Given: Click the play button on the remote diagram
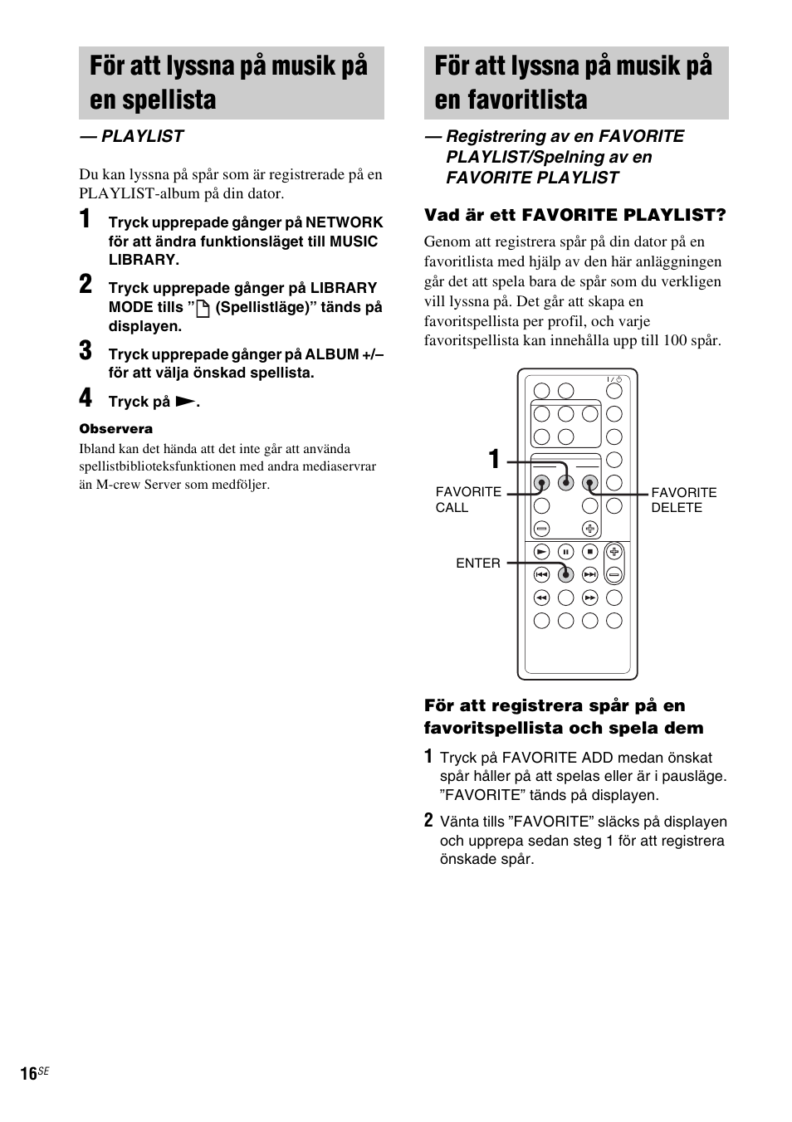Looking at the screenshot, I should pyautogui.click(x=541, y=551).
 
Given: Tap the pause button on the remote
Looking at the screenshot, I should pyautogui.click(x=565, y=551).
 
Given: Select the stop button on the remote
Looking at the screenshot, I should pyautogui.click(x=589, y=551).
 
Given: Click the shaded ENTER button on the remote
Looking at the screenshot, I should pyautogui.click(x=565, y=573).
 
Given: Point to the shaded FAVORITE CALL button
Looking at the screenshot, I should pyautogui.click(x=541, y=482).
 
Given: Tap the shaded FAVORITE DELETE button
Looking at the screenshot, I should pyautogui.click(x=589, y=482).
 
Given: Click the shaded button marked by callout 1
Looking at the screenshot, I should pyautogui.click(x=565, y=482).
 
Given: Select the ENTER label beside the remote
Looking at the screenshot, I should pyautogui.click(x=477, y=563).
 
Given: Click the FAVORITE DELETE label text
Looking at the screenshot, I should pyautogui.click(x=683, y=500).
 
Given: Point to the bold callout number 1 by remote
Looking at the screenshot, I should pyautogui.click(x=494, y=459).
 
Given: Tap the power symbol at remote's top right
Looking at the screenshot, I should pyautogui.click(x=618, y=379).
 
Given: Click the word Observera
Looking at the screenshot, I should pyautogui.click(x=115, y=429).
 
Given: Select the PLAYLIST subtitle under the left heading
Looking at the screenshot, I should pyautogui.click(x=131, y=136).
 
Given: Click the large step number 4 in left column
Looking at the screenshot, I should pyautogui.click(x=86, y=398).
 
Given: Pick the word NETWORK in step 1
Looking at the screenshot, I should pyautogui.click(x=344, y=222).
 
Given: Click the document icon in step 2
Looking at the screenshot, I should pyautogui.click(x=202, y=309).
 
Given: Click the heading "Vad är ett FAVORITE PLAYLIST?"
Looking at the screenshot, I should pyautogui.click(x=574, y=216).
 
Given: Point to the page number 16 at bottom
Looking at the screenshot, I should pyautogui.click(x=28, y=1074).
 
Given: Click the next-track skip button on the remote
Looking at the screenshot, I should pyautogui.click(x=589, y=573).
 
